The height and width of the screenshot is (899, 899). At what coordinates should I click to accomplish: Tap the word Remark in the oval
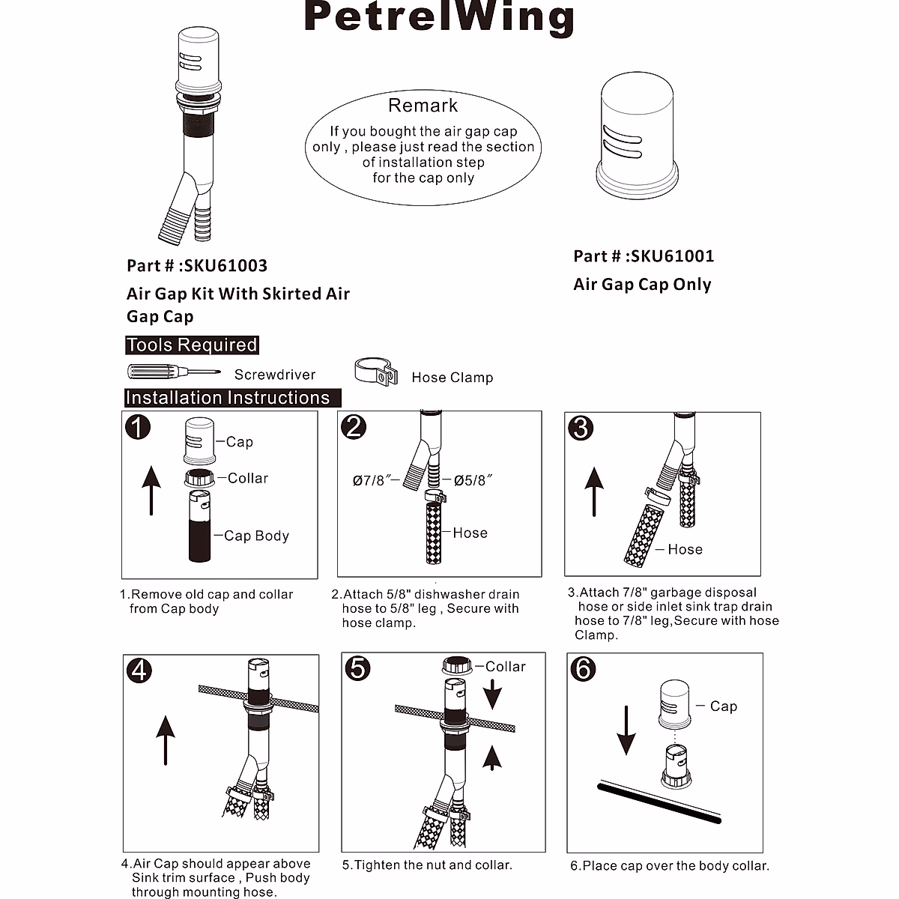tap(423, 106)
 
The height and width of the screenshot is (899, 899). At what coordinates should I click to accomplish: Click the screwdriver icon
tap(173, 372)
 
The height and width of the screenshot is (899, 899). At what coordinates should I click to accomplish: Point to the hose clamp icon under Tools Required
tap(375, 371)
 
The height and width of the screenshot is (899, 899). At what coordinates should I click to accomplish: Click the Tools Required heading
tap(191, 345)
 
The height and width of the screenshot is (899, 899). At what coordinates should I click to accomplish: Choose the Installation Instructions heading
tap(228, 398)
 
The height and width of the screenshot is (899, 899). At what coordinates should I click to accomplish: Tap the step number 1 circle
tap(138, 427)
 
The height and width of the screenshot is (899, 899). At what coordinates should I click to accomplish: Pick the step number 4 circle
tap(140, 670)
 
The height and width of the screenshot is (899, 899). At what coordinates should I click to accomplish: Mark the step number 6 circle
tap(583, 668)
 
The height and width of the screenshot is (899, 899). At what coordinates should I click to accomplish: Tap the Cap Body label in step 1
tap(256, 536)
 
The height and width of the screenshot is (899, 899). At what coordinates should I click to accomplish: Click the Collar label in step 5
tap(505, 667)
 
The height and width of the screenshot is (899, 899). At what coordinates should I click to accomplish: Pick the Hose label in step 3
tap(685, 550)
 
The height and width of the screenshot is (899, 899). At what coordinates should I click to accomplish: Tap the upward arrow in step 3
tap(594, 491)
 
